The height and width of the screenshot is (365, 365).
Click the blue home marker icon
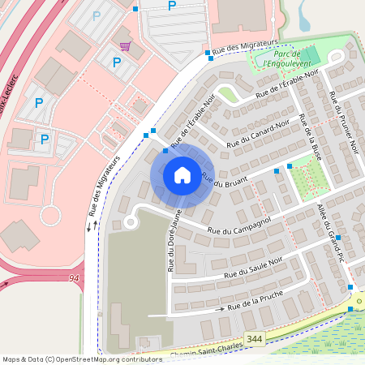pyautogui.click(x=182, y=175)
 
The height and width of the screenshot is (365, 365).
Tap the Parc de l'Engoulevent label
pyautogui.click(x=283, y=57)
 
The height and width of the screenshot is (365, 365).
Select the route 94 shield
pyautogui.click(x=75, y=278)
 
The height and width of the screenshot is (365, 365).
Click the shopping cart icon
pyautogui.click(x=125, y=45)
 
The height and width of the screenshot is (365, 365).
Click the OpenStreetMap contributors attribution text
pyautogui.click(x=105, y=359)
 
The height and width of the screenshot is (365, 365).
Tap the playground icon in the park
pyautogui.click(x=335, y=56)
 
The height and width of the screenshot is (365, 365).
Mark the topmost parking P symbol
pyautogui.click(x=171, y=6)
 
